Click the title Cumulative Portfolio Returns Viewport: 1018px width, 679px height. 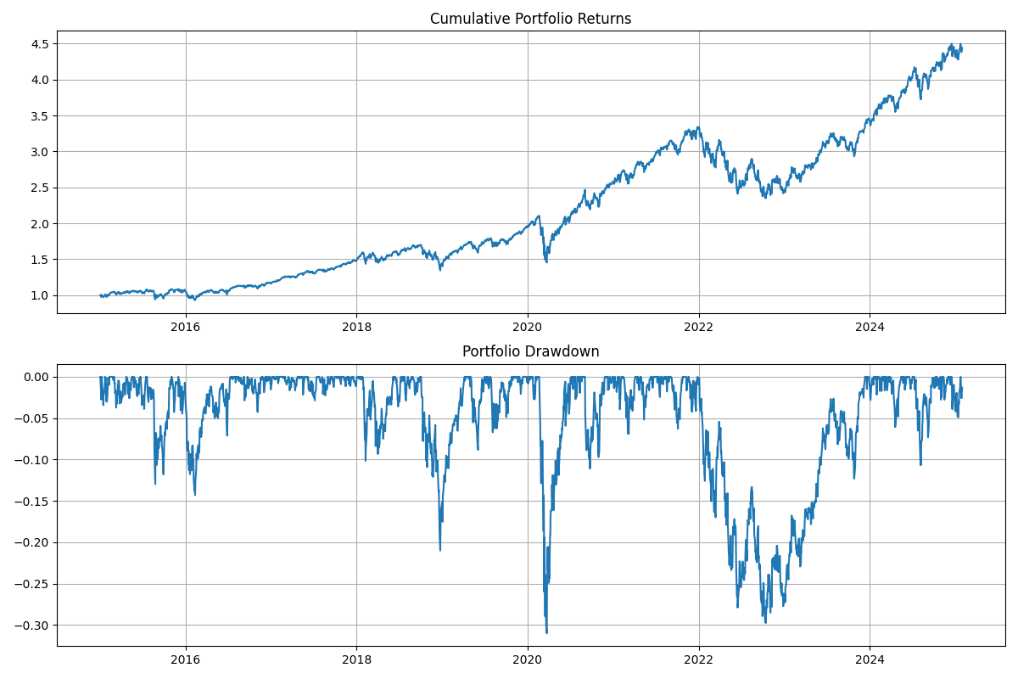click(530, 19)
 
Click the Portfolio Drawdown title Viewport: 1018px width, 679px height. click(530, 351)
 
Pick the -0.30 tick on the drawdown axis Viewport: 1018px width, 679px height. click(35, 626)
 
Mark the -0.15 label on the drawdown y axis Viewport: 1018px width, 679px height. click(35, 501)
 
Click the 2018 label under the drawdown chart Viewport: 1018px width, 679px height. click(356, 659)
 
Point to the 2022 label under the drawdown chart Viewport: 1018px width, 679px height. click(698, 659)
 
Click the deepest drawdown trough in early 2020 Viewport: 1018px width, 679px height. click(546, 632)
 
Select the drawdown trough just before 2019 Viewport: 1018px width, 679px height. click(439, 549)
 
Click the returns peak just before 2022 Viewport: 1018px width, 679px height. click(698, 127)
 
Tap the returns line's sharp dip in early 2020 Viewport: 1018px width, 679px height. click(546, 261)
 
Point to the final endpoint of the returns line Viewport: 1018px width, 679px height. click(961, 48)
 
